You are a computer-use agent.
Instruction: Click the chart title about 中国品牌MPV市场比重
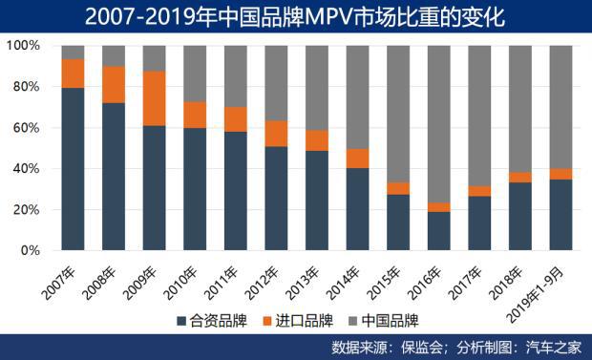click(x=295, y=16)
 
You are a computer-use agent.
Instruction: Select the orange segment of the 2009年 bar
click(x=155, y=98)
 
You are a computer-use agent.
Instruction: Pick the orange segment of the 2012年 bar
click(x=277, y=134)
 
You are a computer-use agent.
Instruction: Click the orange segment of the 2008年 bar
click(x=114, y=84)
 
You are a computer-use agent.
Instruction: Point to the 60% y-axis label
click(x=26, y=128)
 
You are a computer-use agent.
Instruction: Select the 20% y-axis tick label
click(x=26, y=210)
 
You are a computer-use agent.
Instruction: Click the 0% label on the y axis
click(x=30, y=251)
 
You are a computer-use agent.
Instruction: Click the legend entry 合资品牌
click(x=217, y=319)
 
